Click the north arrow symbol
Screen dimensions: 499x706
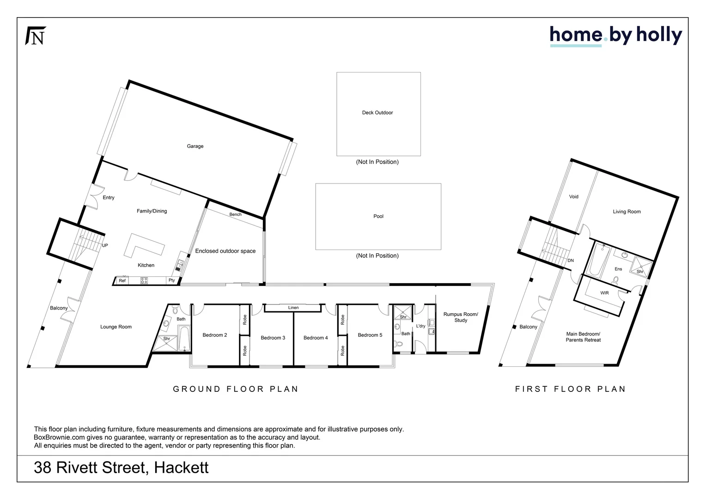pyautogui.click(x=35, y=36)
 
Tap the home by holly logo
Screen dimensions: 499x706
pyautogui.click(x=615, y=36)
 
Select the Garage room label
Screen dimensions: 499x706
pyautogui.click(x=195, y=146)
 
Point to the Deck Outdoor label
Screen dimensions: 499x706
pyautogui.click(x=377, y=113)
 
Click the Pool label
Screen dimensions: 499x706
pyautogui.click(x=378, y=216)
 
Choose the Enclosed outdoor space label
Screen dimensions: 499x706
pyautogui.click(x=225, y=251)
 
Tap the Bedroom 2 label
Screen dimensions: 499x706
pyautogui.click(x=215, y=335)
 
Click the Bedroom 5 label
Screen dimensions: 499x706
pyautogui.click(x=370, y=335)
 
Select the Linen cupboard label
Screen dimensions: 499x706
pyautogui.click(x=293, y=308)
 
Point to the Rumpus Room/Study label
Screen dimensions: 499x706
pyautogui.click(x=461, y=317)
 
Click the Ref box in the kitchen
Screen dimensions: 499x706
pyautogui.click(x=122, y=280)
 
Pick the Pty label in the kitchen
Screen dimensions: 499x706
pyautogui.click(x=172, y=280)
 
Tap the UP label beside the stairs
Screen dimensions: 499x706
pyautogui.click(x=105, y=246)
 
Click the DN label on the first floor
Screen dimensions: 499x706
pyautogui.click(x=571, y=261)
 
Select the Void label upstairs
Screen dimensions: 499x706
pyautogui.click(x=573, y=197)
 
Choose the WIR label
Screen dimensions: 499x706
pyautogui.click(x=604, y=293)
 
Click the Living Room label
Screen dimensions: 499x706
pyautogui.click(x=627, y=212)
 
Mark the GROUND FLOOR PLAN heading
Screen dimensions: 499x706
pyautogui.click(x=236, y=389)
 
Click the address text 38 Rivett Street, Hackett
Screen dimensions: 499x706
pyautogui.click(x=121, y=468)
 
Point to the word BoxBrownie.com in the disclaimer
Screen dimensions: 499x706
pyautogui.click(x=59, y=438)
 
